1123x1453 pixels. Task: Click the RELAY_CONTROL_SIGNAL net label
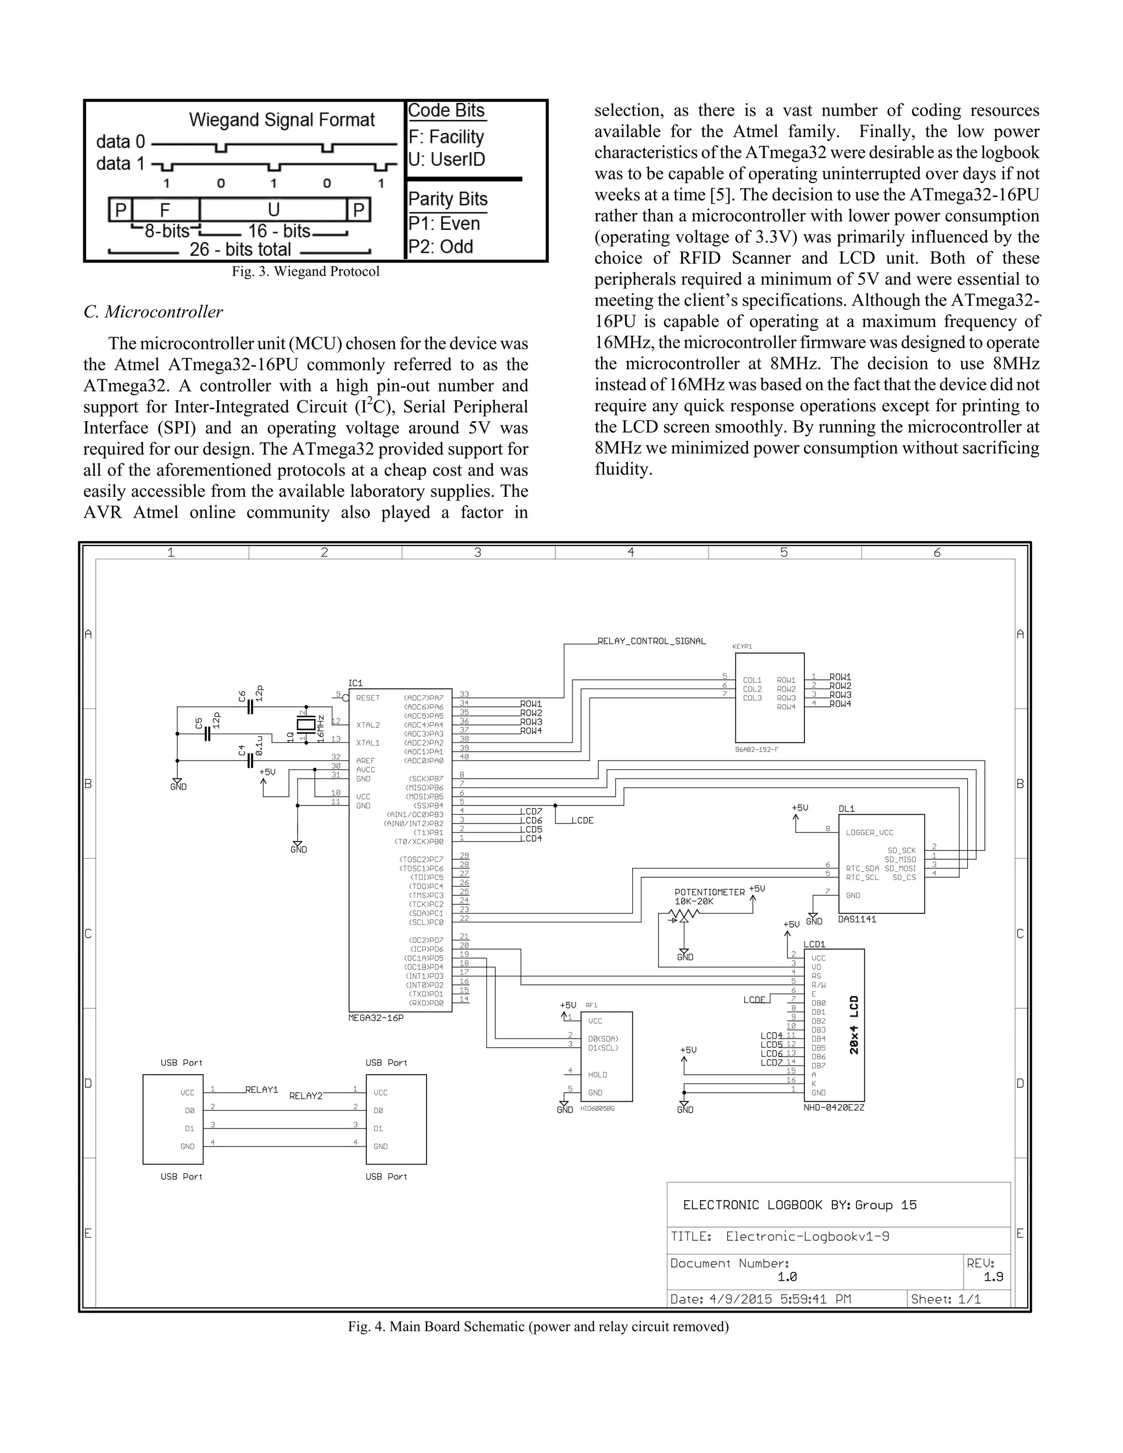[x=651, y=642]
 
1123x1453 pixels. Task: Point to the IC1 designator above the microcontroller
[x=356, y=683]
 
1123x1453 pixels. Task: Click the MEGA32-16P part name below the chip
[x=376, y=1018]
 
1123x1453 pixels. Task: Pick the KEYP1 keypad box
[x=770, y=697]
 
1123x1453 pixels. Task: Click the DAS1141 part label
[x=857, y=919]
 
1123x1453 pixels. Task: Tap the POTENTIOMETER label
[x=709, y=892]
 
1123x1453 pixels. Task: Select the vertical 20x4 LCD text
[x=854, y=1025]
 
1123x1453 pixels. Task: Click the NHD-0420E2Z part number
[x=833, y=1107]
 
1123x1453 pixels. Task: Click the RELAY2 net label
[x=305, y=1096]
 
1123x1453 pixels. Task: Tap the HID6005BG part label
[x=598, y=1109]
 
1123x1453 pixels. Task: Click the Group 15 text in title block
[x=886, y=1205]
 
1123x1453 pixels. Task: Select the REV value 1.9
[x=993, y=1276]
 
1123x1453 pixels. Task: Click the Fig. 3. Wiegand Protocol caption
[x=305, y=271]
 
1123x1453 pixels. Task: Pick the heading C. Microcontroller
[x=153, y=312]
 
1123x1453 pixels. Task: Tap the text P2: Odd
[x=440, y=247]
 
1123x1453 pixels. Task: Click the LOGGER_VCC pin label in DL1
[x=869, y=832]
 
